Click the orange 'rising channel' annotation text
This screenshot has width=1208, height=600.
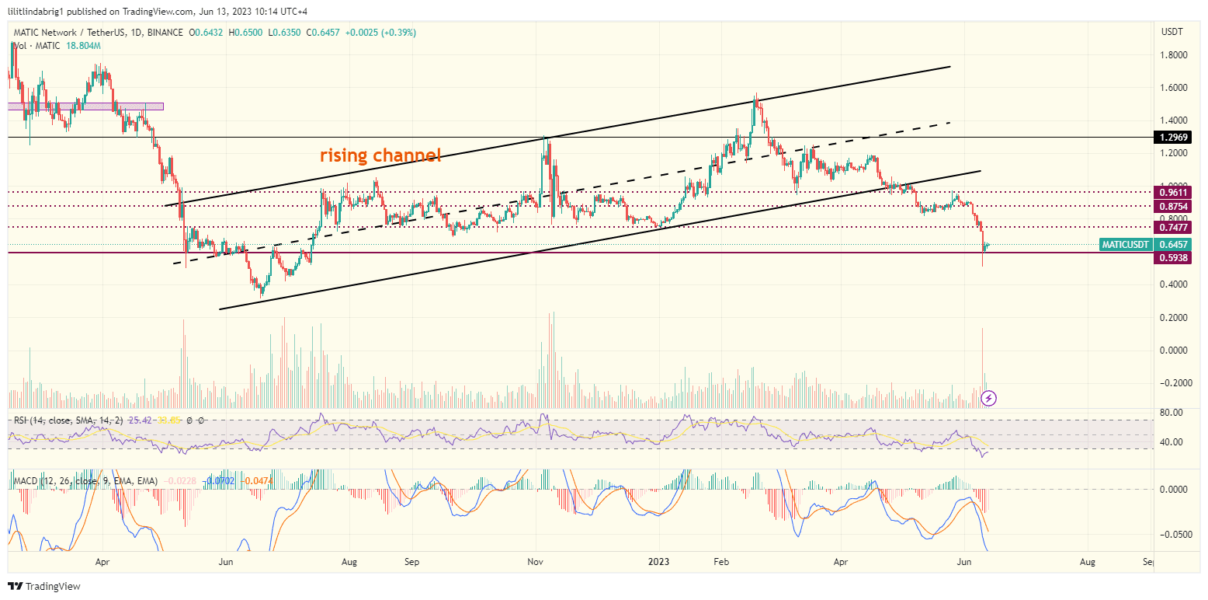(380, 155)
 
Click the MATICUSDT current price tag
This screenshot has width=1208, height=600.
(1125, 245)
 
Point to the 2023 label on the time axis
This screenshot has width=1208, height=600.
(659, 560)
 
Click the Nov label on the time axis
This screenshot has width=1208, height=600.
(535, 560)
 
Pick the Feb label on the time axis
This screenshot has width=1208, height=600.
(722, 560)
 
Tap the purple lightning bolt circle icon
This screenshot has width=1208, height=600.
(989, 399)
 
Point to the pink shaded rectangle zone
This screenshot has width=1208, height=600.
(85, 106)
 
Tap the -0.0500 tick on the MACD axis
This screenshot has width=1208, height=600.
(1172, 535)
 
